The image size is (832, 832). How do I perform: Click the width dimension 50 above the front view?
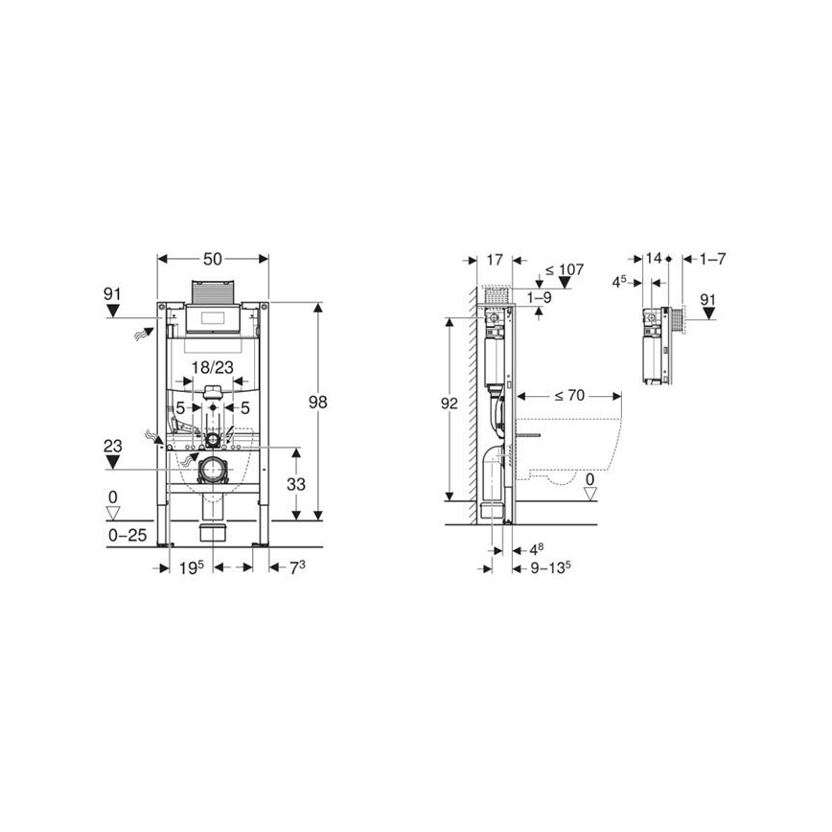(x=212, y=260)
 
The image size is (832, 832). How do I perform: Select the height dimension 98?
(x=317, y=403)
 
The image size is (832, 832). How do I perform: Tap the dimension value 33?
(x=296, y=485)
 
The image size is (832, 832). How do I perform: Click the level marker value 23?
(x=113, y=445)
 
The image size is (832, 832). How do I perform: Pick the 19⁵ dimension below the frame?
(x=192, y=568)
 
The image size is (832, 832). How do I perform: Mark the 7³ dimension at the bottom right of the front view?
(x=297, y=568)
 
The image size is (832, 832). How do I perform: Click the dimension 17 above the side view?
(x=495, y=260)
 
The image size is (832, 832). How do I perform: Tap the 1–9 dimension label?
(x=541, y=298)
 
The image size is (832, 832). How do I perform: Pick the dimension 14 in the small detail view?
(x=654, y=259)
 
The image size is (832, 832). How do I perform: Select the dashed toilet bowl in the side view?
(x=569, y=451)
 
